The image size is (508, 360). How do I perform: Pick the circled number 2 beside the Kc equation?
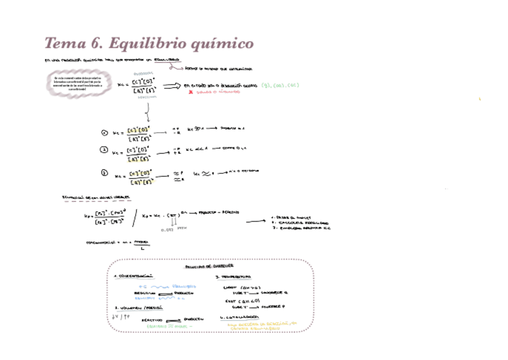tap(104, 151)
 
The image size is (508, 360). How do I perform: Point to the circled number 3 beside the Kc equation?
tap(104, 173)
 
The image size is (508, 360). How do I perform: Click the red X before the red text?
tap(190, 92)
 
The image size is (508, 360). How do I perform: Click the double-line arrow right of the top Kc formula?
tap(171, 86)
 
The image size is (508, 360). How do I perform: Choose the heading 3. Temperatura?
tap(235, 277)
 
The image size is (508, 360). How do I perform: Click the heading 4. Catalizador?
tap(239, 317)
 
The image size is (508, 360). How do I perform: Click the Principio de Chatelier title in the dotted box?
tap(209, 265)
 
